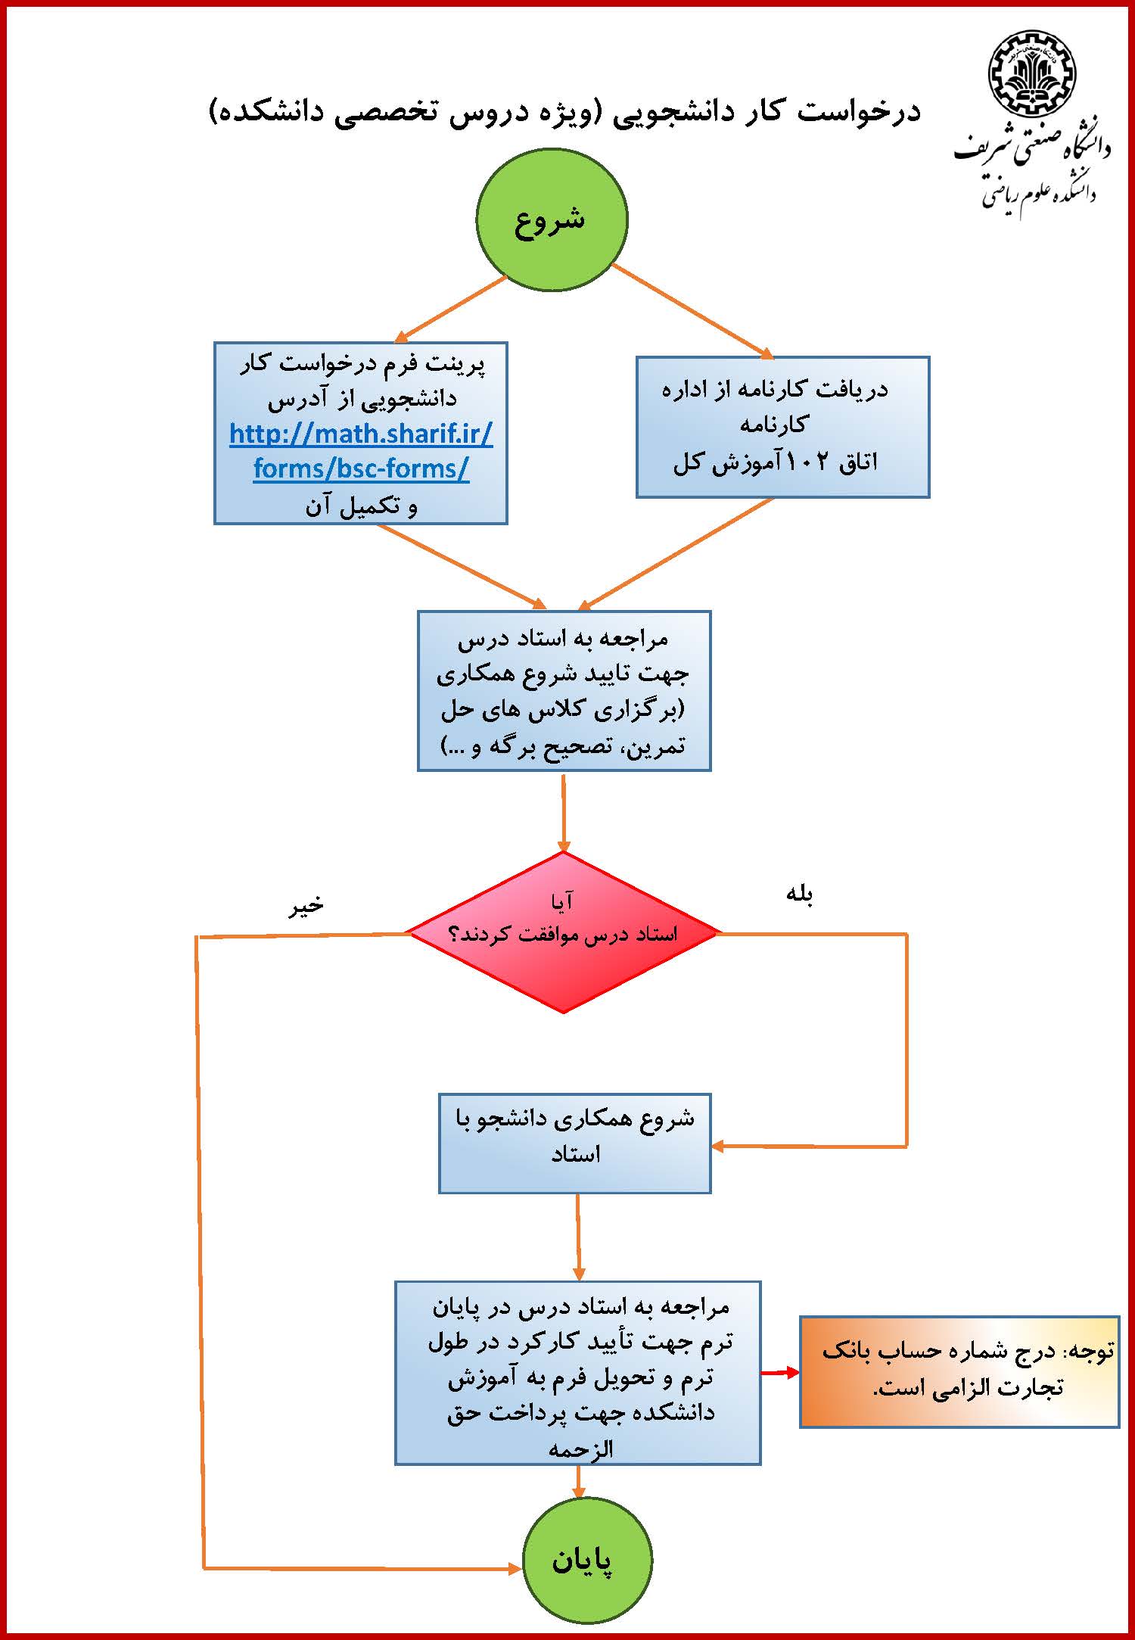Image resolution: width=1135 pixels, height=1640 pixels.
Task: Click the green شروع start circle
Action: click(552, 218)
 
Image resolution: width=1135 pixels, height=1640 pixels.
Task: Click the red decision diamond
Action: click(563, 933)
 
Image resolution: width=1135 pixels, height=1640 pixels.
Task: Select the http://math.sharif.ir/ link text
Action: click(361, 434)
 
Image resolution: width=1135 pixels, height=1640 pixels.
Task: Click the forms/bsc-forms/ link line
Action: click(361, 468)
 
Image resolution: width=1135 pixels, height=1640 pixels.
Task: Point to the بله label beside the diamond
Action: click(799, 895)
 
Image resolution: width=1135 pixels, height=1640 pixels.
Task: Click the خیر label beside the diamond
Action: click(306, 905)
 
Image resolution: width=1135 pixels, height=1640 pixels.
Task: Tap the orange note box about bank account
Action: click(959, 1371)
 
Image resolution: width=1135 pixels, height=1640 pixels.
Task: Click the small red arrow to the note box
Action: click(779, 1372)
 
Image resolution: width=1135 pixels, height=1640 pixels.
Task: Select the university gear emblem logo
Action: click(1031, 73)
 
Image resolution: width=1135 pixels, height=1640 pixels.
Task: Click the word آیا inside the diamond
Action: click(563, 901)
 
